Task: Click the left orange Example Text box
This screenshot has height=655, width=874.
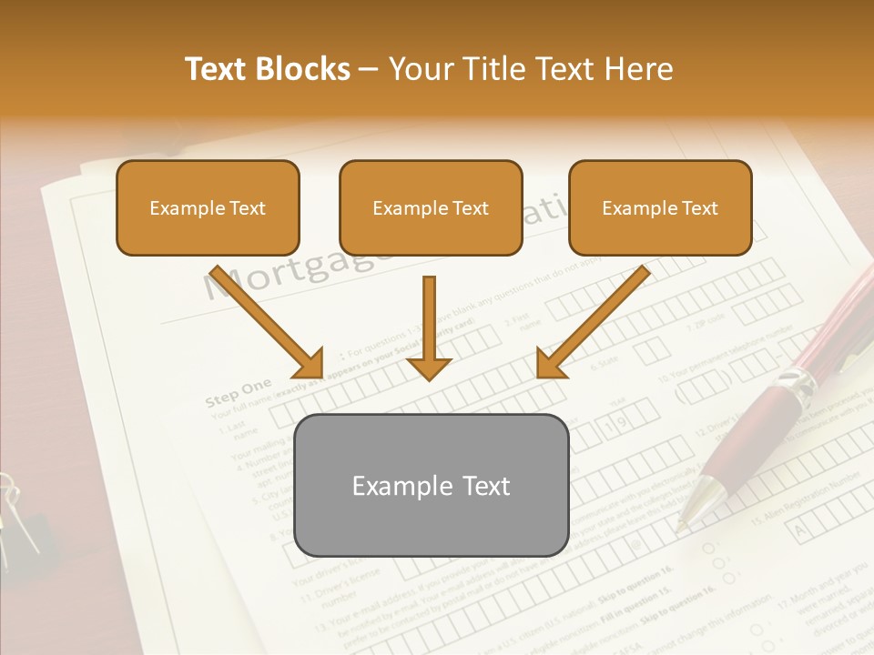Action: (x=208, y=207)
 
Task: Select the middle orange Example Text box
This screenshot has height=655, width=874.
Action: (x=431, y=207)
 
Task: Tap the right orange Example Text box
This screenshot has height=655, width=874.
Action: (x=660, y=207)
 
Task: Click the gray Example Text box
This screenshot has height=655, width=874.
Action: (x=432, y=485)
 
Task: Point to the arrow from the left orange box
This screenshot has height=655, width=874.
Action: (x=266, y=321)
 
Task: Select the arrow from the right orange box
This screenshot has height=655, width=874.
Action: (x=593, y=321)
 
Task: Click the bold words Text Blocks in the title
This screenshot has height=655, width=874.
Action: (x=268, y=69)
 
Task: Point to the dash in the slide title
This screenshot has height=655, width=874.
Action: (x=369, y=70)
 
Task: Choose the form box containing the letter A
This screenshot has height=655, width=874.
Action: (x=802, y=527)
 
